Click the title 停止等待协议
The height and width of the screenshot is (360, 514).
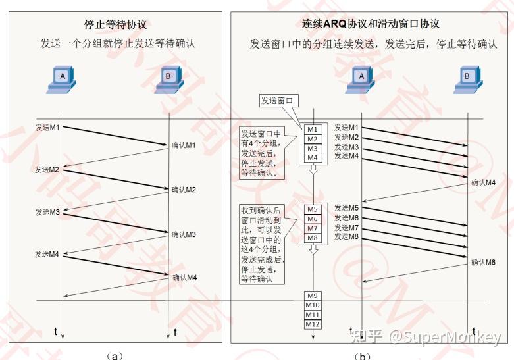pos(115,24)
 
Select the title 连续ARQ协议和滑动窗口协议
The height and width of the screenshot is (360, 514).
pos(371,24)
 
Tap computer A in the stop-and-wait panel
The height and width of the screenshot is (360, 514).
pos(61,80)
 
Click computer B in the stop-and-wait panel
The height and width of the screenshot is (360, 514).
pos(168,80)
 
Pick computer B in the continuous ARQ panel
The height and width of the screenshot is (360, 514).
pos(468,80)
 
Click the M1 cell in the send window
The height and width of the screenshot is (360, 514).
pos(313,130)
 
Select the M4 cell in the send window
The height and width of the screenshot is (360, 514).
pos(313,158)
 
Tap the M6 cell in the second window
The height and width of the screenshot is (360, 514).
pos(313,219)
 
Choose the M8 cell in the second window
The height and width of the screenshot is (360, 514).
pos(313,238)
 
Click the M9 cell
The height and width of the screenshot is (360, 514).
pos(313,296)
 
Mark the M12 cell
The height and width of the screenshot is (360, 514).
pos(313,324)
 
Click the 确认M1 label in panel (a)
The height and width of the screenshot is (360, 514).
pos(184,145)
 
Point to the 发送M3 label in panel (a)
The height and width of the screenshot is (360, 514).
pos(47,212)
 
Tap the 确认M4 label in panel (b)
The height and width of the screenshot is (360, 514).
pos(483,182)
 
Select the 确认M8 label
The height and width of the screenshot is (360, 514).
pos(483,263)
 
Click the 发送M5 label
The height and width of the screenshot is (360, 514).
pos(346,208)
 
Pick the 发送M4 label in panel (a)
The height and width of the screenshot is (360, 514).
pos(47,254)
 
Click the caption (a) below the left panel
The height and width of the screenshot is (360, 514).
pos(115,356)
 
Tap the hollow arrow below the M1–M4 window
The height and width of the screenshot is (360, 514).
pos(313,169)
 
